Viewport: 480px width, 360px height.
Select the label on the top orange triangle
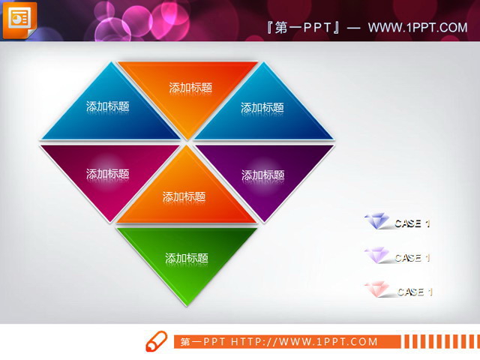[190, 88]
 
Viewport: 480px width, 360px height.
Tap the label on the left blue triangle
[107, 106]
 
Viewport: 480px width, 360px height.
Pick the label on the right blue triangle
[262, 107]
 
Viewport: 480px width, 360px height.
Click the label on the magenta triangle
[107, 174]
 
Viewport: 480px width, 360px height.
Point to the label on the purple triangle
[262, 175]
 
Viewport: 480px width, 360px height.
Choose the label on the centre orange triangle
[184, 197]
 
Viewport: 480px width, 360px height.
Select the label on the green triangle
[186, 258]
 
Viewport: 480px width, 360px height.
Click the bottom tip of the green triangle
[187, 303]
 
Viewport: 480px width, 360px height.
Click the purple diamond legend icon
[376, 256]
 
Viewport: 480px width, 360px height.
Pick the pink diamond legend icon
[376, 289]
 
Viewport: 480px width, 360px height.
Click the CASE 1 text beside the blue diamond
[412, 223]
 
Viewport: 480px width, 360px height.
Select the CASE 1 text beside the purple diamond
[412, 258]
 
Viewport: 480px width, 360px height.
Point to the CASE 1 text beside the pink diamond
[415, 292]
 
